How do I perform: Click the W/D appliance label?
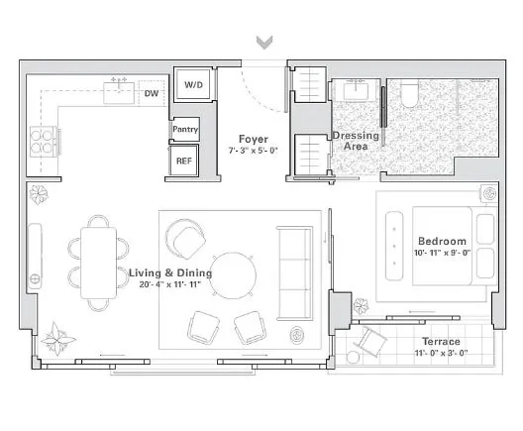(192, 86)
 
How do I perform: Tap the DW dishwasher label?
(152, 94)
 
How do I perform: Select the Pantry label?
(185, 130)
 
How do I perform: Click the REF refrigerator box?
(184, 161)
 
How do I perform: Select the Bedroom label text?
(442, 241)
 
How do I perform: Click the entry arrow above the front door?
(263, 43)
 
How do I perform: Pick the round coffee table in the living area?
(235, 274)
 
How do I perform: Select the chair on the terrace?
(372, 342)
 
